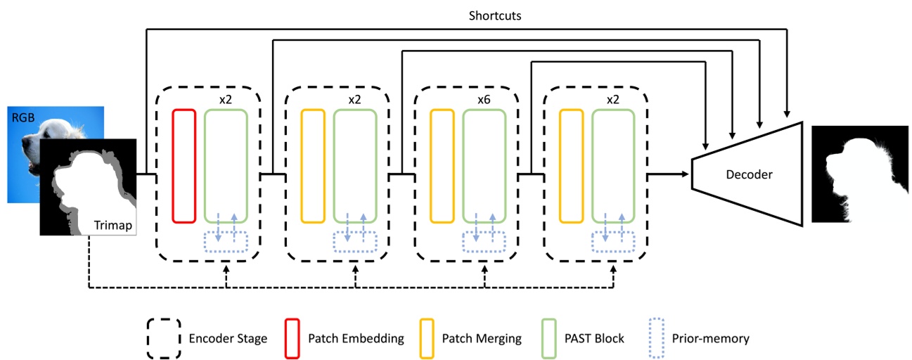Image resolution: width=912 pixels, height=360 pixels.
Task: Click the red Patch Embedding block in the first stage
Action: [x=184, y=166]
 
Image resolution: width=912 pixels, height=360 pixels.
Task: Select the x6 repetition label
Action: [x=483, y=99]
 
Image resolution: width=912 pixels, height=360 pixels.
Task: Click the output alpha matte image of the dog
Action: [x=858, y=174]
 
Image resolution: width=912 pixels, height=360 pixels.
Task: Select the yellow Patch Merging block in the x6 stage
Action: [x=442, y=166]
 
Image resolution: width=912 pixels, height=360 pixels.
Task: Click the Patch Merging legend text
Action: [x=482, y=338]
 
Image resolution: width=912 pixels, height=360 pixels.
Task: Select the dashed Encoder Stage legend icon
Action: [x=162, y=338]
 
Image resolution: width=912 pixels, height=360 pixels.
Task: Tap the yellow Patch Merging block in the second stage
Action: [x=312, y=166]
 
